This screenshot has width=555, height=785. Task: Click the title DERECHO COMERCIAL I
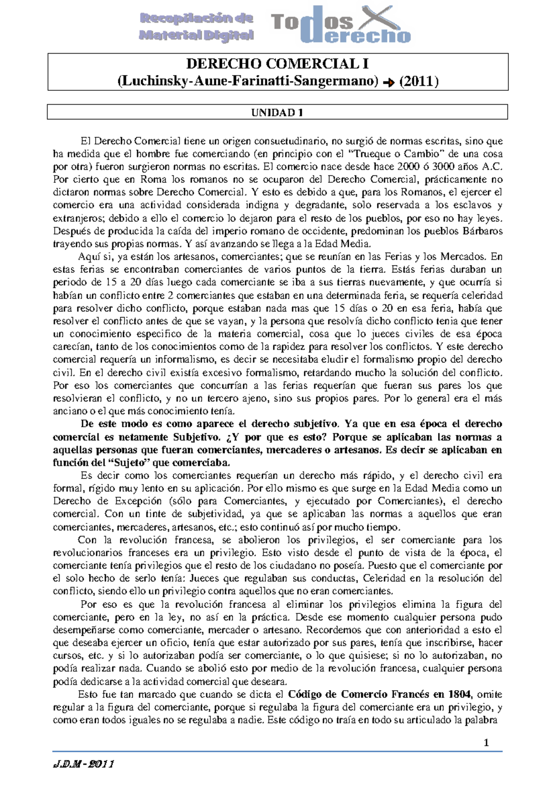[277, 64]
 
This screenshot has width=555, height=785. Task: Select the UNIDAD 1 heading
[277, 112]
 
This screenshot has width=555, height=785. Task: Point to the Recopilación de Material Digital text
[197, 27]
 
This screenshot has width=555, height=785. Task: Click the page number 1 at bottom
[486, 743]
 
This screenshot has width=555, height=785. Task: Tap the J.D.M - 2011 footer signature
[84, 764]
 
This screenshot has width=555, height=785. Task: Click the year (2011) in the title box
[419, 81]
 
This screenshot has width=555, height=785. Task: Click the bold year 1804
[460, 694]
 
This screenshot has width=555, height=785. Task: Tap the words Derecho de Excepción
[107, 501]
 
